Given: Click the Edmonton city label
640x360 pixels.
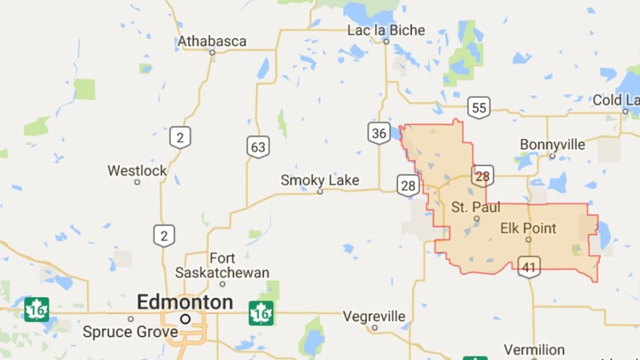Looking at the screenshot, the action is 185,302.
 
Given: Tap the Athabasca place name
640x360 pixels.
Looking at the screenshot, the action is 212,41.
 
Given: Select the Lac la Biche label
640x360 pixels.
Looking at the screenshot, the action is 386,30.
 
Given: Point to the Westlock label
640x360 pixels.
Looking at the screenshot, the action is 137,171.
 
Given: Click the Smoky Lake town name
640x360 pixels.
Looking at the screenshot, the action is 320,181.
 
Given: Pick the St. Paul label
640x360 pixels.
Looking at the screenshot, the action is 476,207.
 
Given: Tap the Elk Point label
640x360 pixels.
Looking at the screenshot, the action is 528,228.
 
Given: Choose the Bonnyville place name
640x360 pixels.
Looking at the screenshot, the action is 552,145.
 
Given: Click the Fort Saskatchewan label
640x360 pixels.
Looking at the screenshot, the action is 222,265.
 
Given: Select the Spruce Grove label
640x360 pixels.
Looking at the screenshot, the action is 130,331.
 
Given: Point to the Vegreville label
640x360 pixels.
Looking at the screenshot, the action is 374,316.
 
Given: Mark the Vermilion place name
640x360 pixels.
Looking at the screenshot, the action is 534,350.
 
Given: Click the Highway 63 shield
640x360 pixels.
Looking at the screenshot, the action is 258,146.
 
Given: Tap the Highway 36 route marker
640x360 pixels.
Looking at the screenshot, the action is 379,133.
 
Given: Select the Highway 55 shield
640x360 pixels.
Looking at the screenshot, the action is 479,107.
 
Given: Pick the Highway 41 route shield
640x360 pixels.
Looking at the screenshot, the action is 529,267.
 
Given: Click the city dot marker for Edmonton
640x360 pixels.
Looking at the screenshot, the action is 185,319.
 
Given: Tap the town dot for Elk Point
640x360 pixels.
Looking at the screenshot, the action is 528,240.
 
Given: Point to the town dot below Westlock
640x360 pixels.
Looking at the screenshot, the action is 137,182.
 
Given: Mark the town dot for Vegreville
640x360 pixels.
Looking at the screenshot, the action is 374,327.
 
